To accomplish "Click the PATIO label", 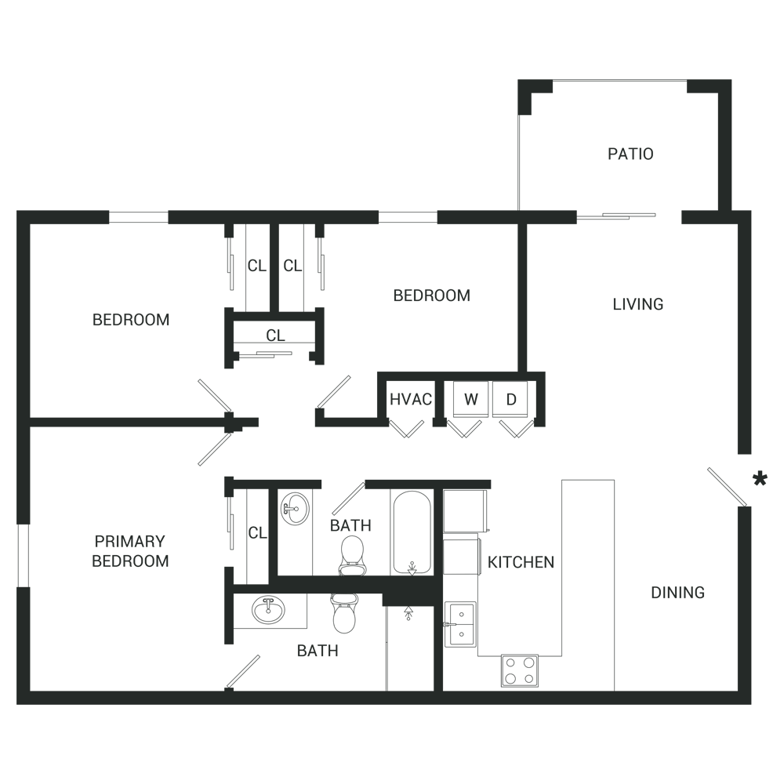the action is [630, 154].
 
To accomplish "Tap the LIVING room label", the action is [637, 304].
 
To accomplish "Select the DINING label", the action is [677, 593].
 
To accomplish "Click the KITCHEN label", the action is [521, 562].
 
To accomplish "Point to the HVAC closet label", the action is [411, 399].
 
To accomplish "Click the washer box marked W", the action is [470, 399].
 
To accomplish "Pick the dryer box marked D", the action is [511, 399].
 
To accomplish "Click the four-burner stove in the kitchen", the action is [520, 670].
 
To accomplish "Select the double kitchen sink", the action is [461, 625].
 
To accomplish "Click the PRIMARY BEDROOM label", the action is [130, 550].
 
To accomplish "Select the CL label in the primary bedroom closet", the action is [257, 533].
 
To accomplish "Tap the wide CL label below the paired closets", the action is [275, 336].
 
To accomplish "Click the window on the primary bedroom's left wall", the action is [23, 555].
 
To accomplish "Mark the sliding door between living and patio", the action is [616, 214].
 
